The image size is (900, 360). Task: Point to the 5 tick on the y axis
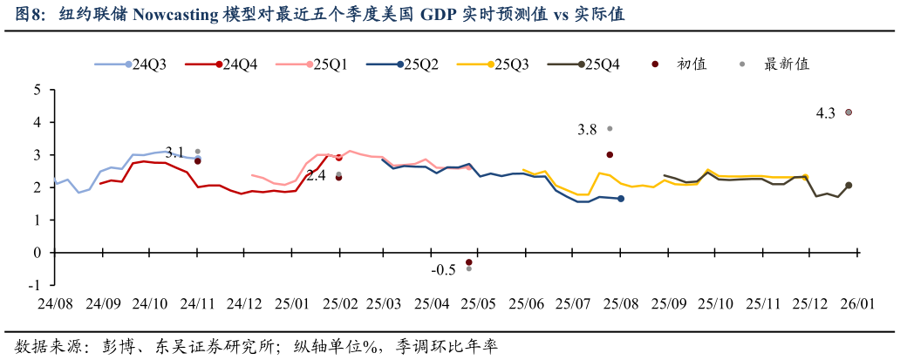[37, 90]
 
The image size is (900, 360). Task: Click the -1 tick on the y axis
[35, 285]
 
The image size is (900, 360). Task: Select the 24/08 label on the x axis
[55, 304]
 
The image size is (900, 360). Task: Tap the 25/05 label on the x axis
[479, 304]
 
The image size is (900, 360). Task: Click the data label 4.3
[825, 112]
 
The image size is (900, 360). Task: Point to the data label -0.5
[443, 270]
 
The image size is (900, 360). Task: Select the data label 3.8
[587, 129]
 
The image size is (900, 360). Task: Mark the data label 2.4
[316, 175]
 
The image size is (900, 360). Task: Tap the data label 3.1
[174, 152]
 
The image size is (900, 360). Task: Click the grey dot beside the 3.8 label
[610, 128]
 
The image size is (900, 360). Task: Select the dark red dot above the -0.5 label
[468, 262]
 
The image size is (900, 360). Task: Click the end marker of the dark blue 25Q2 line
[621, 199]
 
